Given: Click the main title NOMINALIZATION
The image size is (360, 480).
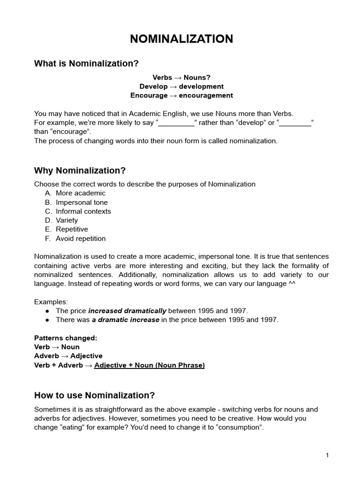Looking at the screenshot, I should tap(181, 39).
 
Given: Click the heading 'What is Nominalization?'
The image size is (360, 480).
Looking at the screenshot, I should tap(86, 64).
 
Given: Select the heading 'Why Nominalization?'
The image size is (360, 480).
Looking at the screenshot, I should tap(80, 170).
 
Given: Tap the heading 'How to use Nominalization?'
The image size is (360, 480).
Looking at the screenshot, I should tap(94, 395).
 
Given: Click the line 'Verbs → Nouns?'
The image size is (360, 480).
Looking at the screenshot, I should tap(181, 77).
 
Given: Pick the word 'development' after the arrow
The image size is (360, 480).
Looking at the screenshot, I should tap(201, 86).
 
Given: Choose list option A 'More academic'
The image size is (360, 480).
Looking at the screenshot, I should tap(80, 193).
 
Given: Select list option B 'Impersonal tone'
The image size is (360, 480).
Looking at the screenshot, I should tap(82, 202).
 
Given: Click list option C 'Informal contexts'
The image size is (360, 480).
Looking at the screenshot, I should tap(83, 211).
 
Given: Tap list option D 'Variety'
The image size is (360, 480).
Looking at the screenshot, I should tap(67, 220).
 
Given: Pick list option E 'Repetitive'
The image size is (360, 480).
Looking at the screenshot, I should tap(72, 229).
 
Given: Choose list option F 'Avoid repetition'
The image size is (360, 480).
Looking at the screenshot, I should tap(81, 239).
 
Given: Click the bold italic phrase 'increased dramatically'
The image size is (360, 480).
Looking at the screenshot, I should tap(127, 311).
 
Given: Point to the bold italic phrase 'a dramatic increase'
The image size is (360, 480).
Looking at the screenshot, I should tap(125, 320).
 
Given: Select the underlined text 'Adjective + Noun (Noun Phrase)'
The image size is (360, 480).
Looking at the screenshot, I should tap(149, 365).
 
